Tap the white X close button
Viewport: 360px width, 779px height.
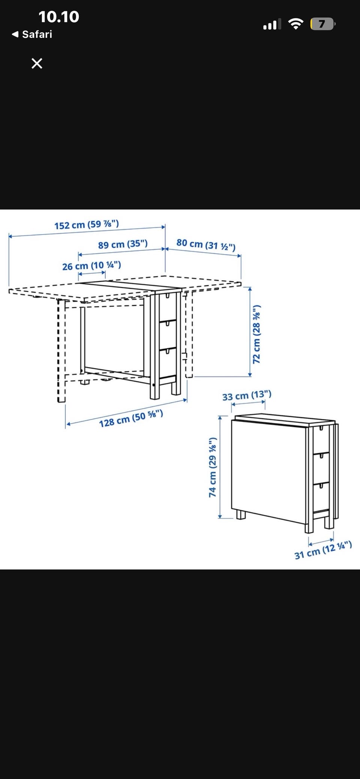(x=37, y=63)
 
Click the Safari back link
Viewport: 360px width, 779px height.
(x=32, y=34)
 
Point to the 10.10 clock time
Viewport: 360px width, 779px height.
(x=59, y=17)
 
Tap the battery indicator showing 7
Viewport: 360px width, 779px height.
(x=322, y=24)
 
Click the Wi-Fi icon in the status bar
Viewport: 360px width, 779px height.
(x=296, y=24)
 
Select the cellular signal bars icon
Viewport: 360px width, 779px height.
(x=272, y=24)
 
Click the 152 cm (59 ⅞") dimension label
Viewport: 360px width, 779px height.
(x=87, y=225)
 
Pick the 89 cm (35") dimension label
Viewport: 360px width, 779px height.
(x=123, y=244)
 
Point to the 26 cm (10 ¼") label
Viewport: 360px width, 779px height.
(x=91, y=266)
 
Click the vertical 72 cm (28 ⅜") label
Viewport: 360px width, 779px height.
(x=256, y=334)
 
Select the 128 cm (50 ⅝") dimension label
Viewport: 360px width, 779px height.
(x=131, y=419)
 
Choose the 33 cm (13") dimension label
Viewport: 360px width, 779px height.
(x=247, y=395)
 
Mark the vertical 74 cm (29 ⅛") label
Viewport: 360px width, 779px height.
(x=213, y=467)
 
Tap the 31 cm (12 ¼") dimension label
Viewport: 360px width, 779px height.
(x=323, y=550)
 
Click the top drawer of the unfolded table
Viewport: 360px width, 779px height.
(x=168, y=307)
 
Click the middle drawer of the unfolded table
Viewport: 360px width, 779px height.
(x=168, y=335)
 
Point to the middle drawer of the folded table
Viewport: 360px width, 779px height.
(x=321, y=468)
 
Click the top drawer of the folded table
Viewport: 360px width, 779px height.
(x=321, y=439)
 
